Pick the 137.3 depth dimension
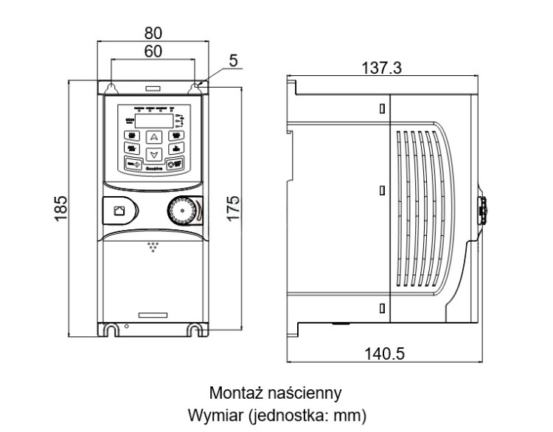(x=381, y=68)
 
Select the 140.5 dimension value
(x=385, y=353)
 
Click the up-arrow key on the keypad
(x=153, y=136)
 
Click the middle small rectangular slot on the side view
(x=381, y=189)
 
